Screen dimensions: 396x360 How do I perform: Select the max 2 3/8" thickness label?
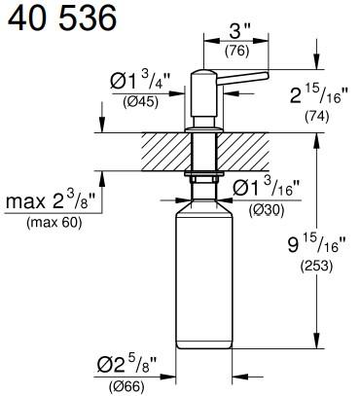click(57, 200)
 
